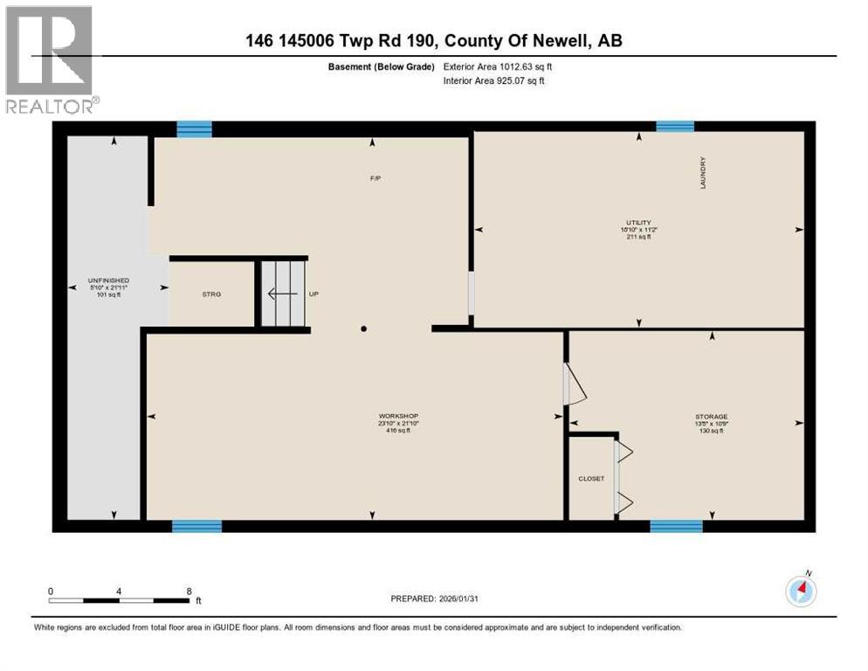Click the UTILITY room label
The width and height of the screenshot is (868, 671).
pyautogui.click(x=637, y=223)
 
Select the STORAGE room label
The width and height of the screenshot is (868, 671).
pyautogui.click(x=712, y=417)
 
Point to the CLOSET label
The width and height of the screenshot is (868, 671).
pyautogui.click(x=591, y=479)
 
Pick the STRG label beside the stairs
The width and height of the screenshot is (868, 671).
pyautogui.click(x=211, y=294)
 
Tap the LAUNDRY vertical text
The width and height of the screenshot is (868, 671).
pyautogui.click(x=702, y=173)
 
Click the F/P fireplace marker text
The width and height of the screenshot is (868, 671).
pyautogui.click(x=375, y=178)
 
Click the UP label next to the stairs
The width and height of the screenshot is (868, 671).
pyautogui.click(x=313, y=294)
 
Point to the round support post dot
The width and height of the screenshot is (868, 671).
pyautogui.click(x=364, y=329)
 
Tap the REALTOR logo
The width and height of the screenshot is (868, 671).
pyautogui.click(x=51, y=61)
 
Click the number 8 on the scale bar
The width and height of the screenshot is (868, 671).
pyautogui.click(x=189, y=591)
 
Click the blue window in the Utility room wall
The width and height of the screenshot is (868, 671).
pyautogui.click(x=675, y=127)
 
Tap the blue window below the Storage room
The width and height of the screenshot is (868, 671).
pyautogui.click(x=676, y=526)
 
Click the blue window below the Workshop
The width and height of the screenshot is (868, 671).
pyautogui.click(x=196, y=526)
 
